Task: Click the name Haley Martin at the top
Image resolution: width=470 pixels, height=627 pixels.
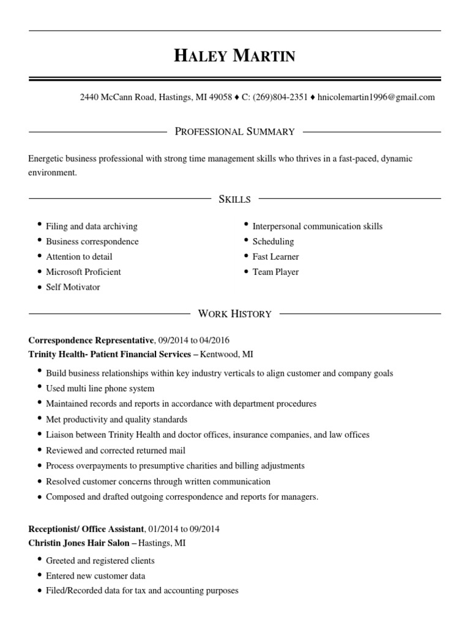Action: tap(235, 56)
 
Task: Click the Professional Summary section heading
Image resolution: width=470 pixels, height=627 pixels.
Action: tap(235, 132)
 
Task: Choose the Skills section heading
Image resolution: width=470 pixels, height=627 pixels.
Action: tap(235, 199)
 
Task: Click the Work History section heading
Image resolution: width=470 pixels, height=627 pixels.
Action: tap(235, 314)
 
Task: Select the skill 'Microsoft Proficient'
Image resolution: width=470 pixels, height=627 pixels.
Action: tap(83, 272)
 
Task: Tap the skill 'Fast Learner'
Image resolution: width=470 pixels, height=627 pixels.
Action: tap(275, 257)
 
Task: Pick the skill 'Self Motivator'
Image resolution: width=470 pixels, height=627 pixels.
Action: tap(73, 287)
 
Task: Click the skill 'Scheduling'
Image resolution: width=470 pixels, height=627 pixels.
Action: tap(273, 241)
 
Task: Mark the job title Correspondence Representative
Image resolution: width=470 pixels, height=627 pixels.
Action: tap(91, 340)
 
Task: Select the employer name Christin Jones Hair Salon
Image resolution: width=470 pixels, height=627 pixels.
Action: tap(79, 543)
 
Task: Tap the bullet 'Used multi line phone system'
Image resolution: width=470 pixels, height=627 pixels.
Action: tap(100, 388)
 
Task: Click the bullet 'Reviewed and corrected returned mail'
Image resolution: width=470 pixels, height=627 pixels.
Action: tap(115, 450)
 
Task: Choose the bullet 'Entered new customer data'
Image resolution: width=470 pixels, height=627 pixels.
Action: tap(95, 576)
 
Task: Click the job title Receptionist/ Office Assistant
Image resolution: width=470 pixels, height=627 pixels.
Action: tap(86, 528)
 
